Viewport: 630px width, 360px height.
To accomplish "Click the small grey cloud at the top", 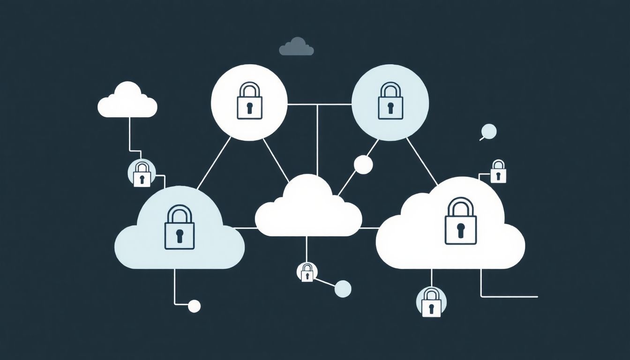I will [296, 48].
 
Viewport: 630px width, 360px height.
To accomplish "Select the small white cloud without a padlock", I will [127, 102].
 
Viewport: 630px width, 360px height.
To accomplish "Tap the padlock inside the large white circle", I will [249, 102].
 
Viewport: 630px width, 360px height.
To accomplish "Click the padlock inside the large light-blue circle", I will [390, 102].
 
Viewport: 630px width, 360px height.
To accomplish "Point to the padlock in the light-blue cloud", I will [179, 228].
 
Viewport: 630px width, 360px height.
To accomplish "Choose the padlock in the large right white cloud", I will [460, 222].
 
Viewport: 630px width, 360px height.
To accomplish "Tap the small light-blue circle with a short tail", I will [489, 131].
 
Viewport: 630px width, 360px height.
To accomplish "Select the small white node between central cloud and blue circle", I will [363, 165].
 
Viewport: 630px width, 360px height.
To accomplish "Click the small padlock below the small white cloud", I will [142, 175].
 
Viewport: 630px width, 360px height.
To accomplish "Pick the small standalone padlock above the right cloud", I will [498, 172].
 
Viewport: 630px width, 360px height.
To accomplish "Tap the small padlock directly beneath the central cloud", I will [307, 272].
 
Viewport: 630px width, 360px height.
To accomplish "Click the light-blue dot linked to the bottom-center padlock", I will [343, 288].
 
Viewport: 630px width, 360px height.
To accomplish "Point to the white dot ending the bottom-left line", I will [194, 306].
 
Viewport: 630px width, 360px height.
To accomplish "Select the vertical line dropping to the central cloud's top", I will [318, 141].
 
